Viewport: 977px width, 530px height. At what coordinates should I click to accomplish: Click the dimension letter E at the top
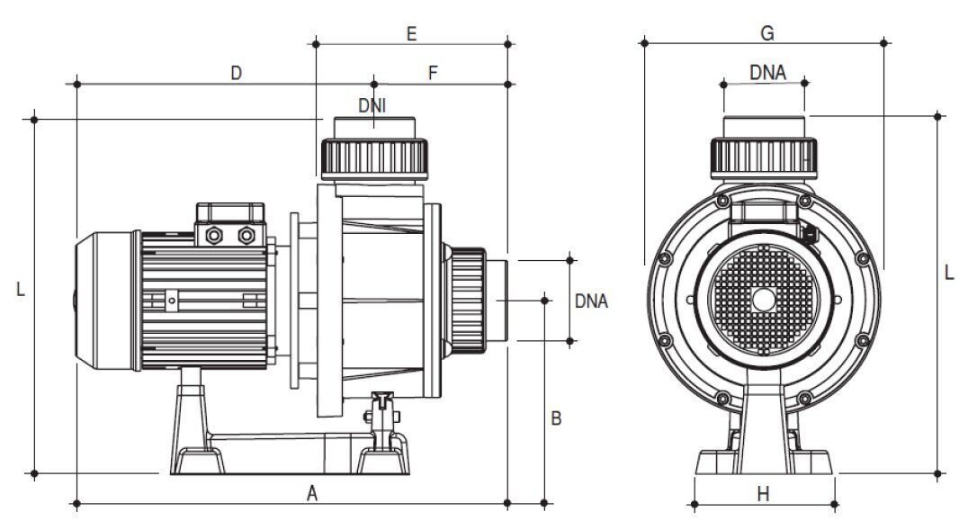[x=411, y=33]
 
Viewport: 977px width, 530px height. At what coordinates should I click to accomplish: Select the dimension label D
[x=236, y=74]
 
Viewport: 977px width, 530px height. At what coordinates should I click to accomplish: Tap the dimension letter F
[x=433, y=74]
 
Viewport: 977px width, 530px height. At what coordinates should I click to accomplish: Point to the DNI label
[x=372, y=106]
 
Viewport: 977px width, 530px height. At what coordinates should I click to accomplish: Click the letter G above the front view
[x=767, y=33]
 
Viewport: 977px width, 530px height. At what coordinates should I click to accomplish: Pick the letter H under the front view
[x=763, y=495]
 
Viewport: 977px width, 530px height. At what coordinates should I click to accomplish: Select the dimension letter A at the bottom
[x=312, y=494]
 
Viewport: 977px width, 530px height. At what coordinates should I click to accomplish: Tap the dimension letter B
[x=556, y=418]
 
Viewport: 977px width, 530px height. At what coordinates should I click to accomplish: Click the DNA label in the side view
[x=591, y=301]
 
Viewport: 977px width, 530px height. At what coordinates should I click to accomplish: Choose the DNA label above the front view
[x=767, y=73]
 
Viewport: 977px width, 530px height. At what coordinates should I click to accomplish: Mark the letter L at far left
[x=21, y=290]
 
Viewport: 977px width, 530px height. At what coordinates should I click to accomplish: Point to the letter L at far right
[x=949, y=273]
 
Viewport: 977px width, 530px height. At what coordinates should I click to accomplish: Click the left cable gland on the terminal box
[x=214, y=235]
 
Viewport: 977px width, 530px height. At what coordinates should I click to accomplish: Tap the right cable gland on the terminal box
[x=246, y=235]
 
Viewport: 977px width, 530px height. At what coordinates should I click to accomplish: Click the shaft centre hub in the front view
[x=763, y=300]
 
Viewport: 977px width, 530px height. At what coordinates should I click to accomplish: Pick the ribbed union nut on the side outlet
[x=467, y=301]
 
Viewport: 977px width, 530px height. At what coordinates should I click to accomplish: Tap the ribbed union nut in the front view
[x=764, y=158]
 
